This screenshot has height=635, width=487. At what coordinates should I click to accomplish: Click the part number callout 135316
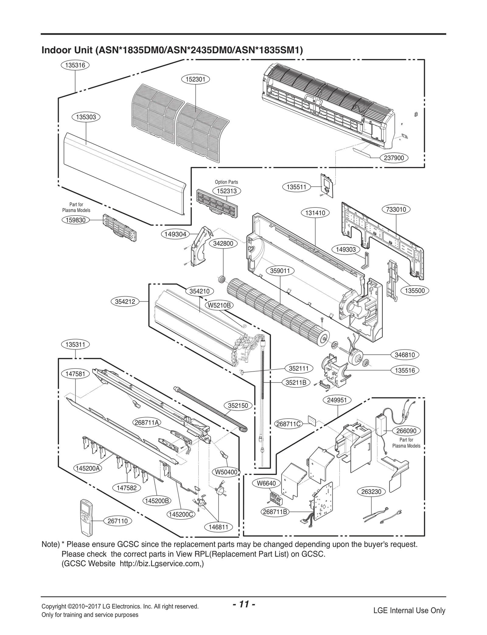pos(75,65)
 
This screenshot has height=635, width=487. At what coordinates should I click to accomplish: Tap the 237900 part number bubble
pos(394,158)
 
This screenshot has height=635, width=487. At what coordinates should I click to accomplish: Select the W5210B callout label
pos(219,305)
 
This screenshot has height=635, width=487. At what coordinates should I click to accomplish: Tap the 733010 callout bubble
pos(396,210)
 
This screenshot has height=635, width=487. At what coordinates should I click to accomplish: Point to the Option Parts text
pos(226,182)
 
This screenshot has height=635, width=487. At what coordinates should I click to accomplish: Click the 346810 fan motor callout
pos(405,355)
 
